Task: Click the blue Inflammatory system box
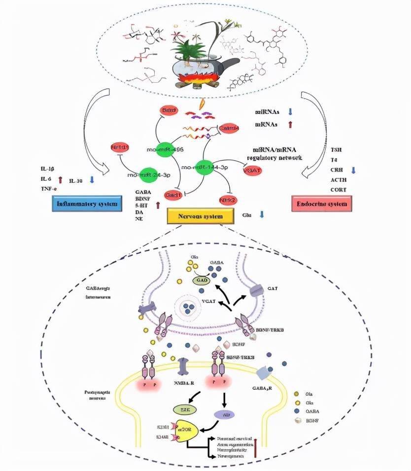point(87,204)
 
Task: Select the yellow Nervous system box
point(200,216)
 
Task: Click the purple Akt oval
point(226,415)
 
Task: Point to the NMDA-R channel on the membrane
point(184,368)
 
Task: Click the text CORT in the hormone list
point(339,190)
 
